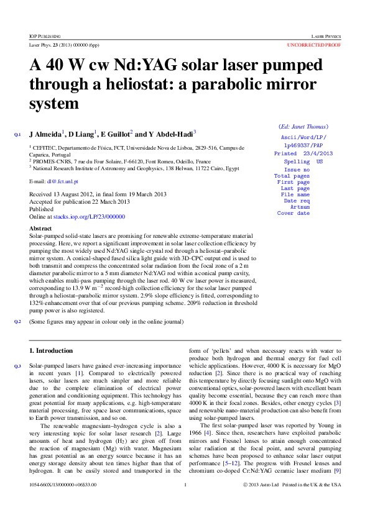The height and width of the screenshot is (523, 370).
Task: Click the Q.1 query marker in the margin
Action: tap(17, 134)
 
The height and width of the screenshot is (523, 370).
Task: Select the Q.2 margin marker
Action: tap(17, 321)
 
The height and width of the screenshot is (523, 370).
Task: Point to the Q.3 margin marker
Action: tap(17, 366)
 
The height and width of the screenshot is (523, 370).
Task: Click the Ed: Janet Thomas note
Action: tap(303, 127)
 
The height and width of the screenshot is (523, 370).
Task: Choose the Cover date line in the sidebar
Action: tap(294, 213)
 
